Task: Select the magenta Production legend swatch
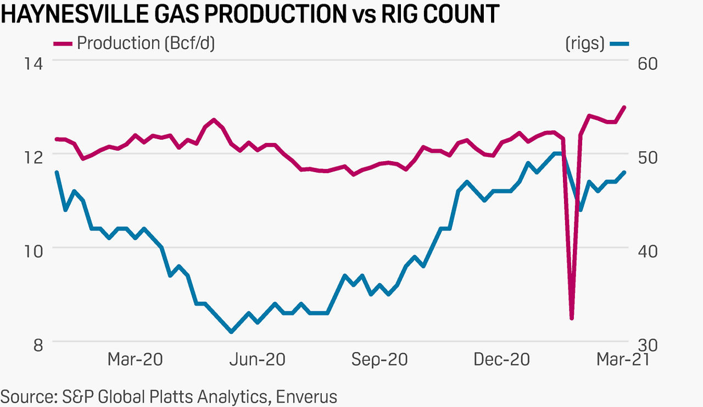click(63, 43)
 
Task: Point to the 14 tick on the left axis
click(34, 63)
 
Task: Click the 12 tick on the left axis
click(34, 156)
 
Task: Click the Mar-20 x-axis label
click(135, 360)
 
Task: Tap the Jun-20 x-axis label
click(258, 360)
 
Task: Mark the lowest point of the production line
click(572, 318)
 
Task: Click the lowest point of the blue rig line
click(231, 332)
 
